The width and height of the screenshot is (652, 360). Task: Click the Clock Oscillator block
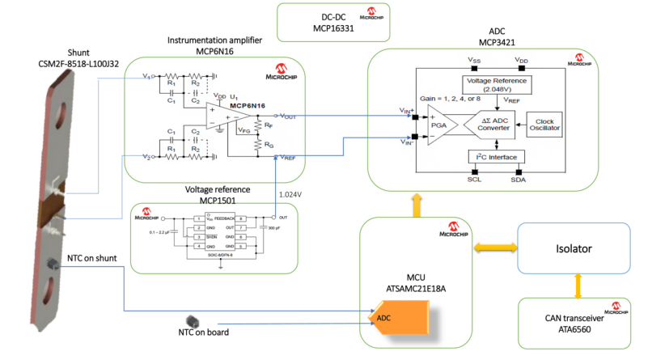coord(544,123)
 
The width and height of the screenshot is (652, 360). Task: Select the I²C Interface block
coord(496,156)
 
